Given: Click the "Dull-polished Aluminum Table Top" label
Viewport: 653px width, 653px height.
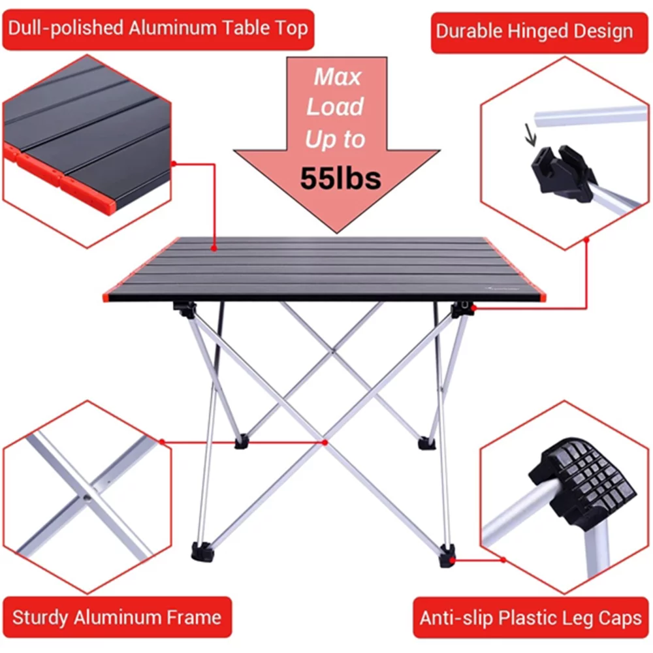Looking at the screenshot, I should [x=157, y=29].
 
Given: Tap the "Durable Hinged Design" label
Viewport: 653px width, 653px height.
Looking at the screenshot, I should [x=534, y=31].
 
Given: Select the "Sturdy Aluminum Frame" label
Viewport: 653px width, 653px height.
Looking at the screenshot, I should [x=116, y=617].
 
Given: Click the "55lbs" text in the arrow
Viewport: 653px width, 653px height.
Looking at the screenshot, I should [x=340, y=178].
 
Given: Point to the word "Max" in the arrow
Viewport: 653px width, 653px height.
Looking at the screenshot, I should [x=337, y=77].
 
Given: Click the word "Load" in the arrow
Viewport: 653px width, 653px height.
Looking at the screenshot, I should [x=336, y=108].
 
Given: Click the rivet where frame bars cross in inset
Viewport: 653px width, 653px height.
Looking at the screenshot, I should [x=87, y=497].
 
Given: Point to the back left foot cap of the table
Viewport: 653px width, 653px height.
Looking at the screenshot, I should [x=242, y=442].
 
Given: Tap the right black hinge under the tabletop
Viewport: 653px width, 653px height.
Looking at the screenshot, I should [x=462, y=308].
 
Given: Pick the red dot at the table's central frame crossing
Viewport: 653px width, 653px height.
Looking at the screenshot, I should [x=325, y=442].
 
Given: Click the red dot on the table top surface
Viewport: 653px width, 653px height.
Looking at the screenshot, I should [x=214, y=248].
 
